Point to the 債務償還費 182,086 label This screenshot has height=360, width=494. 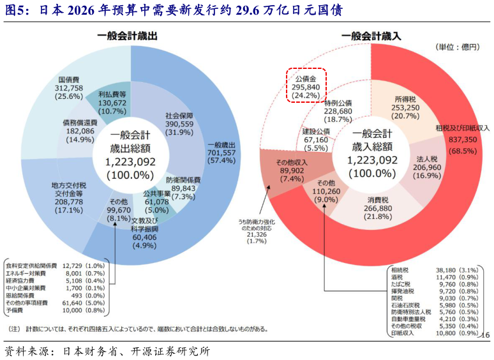[80, 131]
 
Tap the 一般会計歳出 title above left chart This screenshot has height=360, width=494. [127, 37]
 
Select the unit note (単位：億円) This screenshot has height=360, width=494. [456, 47]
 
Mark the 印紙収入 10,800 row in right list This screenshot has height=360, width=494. [433, 333]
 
